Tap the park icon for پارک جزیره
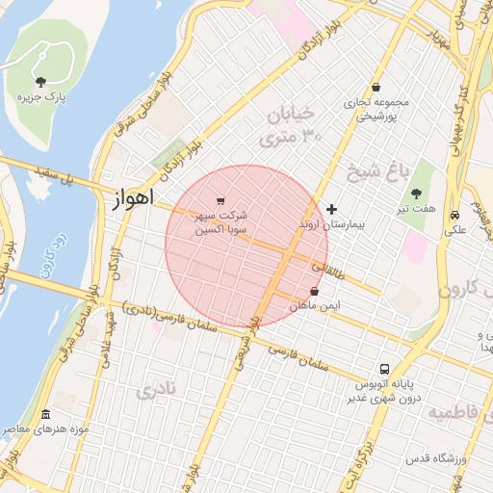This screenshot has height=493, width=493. tap(40, 82)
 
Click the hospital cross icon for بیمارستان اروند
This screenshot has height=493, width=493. tap(332, 209)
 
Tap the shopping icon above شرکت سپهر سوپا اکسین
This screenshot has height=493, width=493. tap(221, 201)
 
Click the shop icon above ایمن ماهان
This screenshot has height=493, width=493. tap(314, 291)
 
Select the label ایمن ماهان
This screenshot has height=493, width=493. tap(315, 305)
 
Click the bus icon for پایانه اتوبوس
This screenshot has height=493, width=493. tap(385, 369)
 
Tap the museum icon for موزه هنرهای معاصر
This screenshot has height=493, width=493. tap(45, 415)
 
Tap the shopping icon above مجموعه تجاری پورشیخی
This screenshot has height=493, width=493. tap(374, 87)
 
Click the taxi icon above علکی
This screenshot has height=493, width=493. tap(454, 216)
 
